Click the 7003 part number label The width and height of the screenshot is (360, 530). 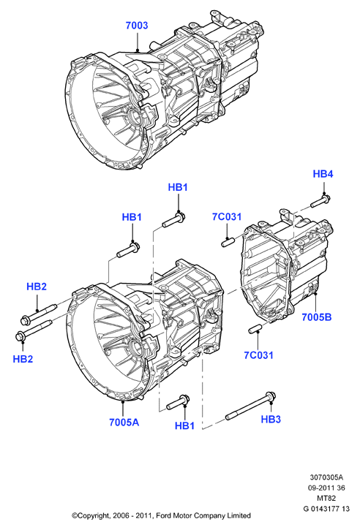click(x=137, y=26)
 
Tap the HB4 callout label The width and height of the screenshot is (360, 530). click(x=323, y=174)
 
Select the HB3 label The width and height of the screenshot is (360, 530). click(x=271, y=419)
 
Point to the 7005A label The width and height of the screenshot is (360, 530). click(x=124, y=423)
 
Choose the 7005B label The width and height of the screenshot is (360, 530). click(x=317, y=317)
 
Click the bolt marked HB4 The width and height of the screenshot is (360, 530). click(x=320, y=201)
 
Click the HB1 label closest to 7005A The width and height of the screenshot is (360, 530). click(x=184, y=426)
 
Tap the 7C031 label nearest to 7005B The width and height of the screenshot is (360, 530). click(x=258, y=355)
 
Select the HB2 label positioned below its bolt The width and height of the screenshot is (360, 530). click(x=23, y=359)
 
